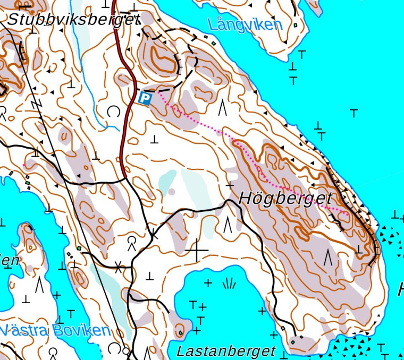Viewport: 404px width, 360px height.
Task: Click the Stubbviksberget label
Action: pos(73,20)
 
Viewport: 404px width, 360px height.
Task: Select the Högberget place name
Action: pos(286,199)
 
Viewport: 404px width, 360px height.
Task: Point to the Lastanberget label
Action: pos(226,351)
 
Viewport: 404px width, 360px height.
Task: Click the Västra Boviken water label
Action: pos(55,331)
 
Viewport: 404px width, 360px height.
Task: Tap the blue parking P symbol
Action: pos(145,98)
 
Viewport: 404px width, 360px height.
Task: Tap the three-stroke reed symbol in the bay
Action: pos(229,284)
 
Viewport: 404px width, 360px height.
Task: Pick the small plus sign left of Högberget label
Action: pos(230,186)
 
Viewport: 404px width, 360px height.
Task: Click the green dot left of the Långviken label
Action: pos(214,43)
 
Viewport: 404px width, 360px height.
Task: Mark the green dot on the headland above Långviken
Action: pos(296,25)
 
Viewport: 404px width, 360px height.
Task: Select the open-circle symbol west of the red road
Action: pos(113,111)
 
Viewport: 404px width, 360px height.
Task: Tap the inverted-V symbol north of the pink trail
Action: pos(223,107)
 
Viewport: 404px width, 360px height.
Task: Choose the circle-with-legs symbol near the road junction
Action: pos(131,244)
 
